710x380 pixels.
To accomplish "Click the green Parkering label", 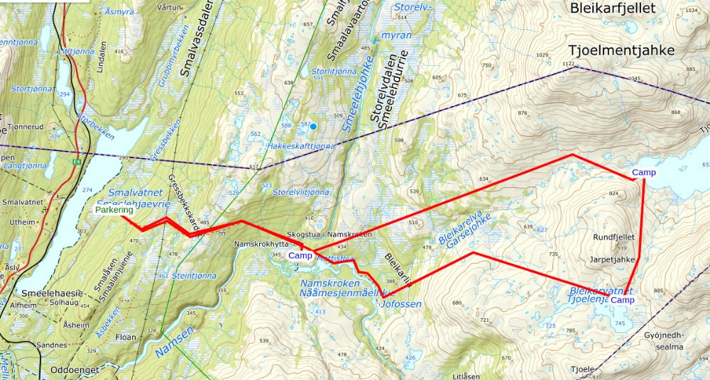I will click(114, 210).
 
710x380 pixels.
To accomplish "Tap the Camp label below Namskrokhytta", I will click(300, 255).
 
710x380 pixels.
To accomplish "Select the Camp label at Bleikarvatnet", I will click(622, 301).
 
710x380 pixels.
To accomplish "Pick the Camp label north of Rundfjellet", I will click(643, 172).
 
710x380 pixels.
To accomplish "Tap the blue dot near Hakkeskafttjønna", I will click(312, 126).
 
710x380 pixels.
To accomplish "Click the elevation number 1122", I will click(567, 65).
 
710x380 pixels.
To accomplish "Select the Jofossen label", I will click(401, 303).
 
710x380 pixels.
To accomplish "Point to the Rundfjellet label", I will click(613, 237).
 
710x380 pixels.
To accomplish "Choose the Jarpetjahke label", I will click(612, 259).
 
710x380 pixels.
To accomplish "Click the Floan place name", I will click(126, 337).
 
